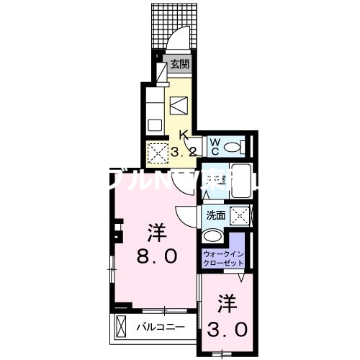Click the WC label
click(214, 145)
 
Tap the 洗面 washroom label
click(215, 215)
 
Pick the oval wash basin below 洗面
click(213, 236)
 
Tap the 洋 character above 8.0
click(156, 232)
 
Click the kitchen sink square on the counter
click(154, 125)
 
